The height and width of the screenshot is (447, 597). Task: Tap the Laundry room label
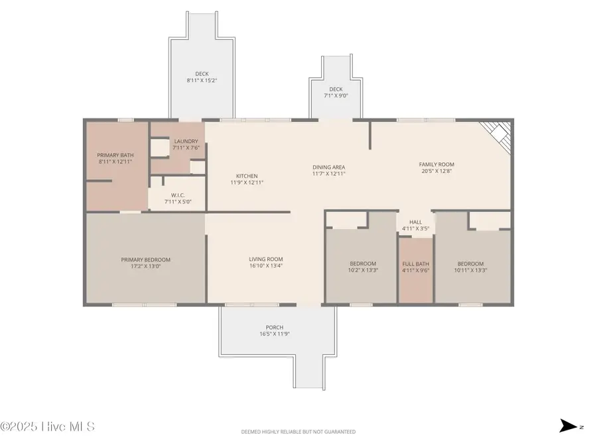[x=186, y=141]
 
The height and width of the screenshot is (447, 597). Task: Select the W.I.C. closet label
[x=177, y=195]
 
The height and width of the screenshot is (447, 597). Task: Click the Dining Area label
[x=328, y=167]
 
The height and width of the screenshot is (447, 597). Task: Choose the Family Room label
[x=436, y=164]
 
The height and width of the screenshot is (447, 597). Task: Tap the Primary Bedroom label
[x=145, y=260]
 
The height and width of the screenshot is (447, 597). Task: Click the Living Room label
[x=265, y=260]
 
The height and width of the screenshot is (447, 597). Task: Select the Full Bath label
[x=415, y=264]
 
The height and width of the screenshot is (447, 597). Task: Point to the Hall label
[x=415, y=223]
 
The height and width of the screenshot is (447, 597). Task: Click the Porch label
[x=275, y=328]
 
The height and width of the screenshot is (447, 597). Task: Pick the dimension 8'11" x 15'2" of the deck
[x=202, y=81]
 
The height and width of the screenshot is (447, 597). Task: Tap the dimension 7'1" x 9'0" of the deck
[x=336, y=95]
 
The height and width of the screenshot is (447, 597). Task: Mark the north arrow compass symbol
[x=568, y=426]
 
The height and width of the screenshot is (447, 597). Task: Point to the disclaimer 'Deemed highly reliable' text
[x=298, y=432]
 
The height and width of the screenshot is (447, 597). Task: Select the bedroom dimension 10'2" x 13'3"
[x=363, y=270]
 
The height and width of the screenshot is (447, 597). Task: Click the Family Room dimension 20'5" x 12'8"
[x=436, y=171]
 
